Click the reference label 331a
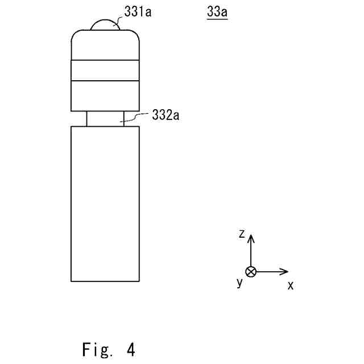point(138,12)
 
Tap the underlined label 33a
point(216,11)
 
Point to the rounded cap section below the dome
point(105,45)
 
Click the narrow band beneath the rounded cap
point(105,70)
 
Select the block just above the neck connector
point(105,96)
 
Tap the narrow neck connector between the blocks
point(105,118)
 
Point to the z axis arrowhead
point(251,236)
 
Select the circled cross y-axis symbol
point(251,271)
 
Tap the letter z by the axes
point(242,233)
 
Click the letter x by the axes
point(291,286)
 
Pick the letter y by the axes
point(239,282)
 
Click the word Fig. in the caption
point(97,349)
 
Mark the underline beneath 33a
point(216,19)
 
